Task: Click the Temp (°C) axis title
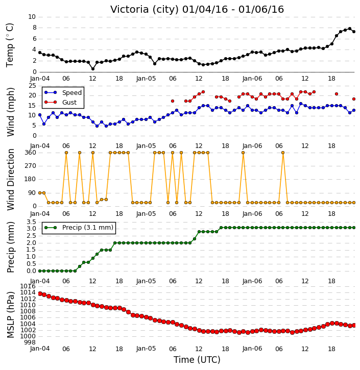pos(10,45)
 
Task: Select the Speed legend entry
pos(63,92)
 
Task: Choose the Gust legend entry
pos(60,102)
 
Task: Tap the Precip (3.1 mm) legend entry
pos(79,228)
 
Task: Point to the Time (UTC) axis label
pos(197,360)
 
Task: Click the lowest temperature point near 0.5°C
pos(93,69)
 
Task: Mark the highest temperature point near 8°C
pos(350,29)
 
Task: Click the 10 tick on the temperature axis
pos(32,17)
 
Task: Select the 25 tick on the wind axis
pos(32,85)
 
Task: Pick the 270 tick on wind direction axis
pos(31,166)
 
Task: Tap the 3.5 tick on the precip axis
pos(31,222)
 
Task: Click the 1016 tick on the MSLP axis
pos(28,286)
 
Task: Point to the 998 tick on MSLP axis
pos(30,342)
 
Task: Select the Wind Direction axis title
pos(10,180)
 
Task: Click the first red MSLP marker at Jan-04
pos(40,294)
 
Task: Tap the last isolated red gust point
pos(354,99)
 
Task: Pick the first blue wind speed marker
pos(40,115)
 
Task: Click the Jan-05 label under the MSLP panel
pos(146,349)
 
